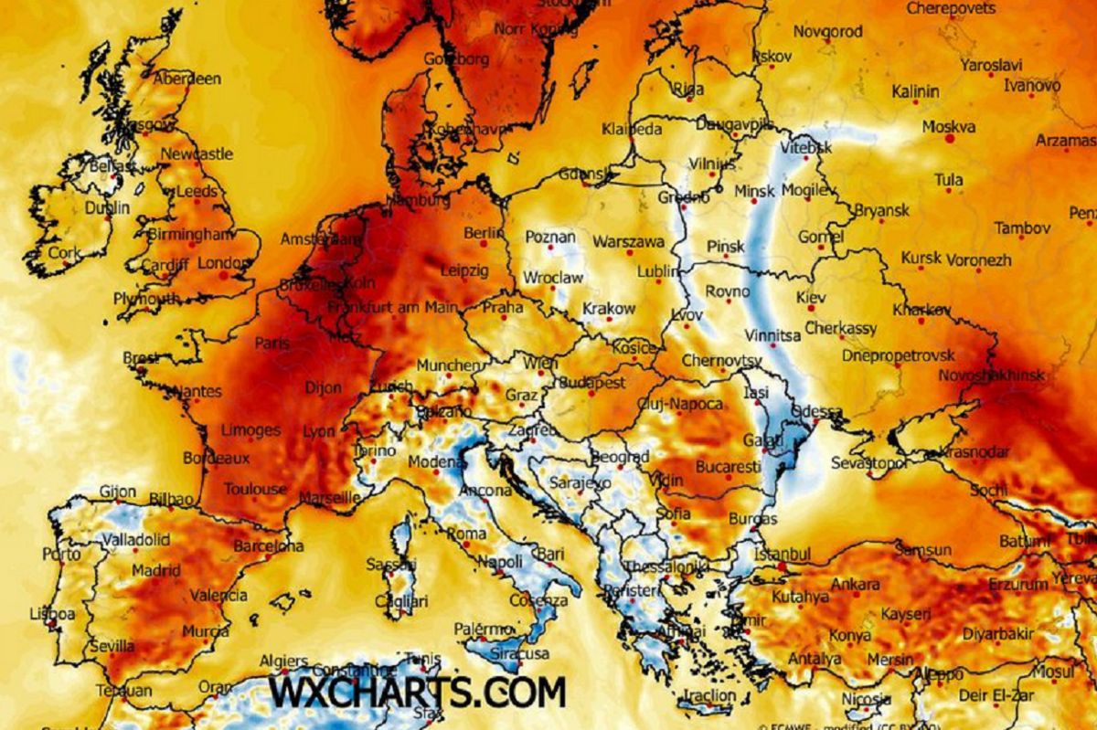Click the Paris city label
272,343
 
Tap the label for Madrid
155,570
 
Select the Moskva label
948,127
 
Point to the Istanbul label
783,554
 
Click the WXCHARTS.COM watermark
417,691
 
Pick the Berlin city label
484,233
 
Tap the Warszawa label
628,242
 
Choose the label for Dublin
107,207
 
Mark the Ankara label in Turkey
856,584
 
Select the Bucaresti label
729,467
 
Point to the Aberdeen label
186,79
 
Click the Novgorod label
827,31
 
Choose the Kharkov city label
921,311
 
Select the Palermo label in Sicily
484,629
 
